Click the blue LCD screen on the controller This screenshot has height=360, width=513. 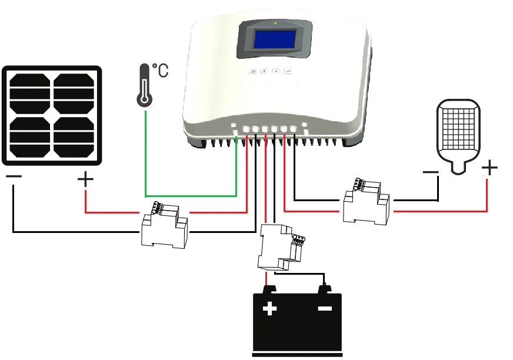[275, 39]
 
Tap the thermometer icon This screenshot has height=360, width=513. [144, 86]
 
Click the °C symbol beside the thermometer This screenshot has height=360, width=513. [160, 71]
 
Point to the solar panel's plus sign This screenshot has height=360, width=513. [86, 178]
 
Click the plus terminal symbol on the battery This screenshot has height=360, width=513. [270, 308]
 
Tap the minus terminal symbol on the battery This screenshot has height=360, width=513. [325, 308]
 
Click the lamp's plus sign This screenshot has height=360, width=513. [489, 169]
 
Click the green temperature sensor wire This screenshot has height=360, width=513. [188, 195]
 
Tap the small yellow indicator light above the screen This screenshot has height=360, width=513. [275, 23]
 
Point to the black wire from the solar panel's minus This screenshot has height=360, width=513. [71, 232]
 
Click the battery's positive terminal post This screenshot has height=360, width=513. [269, 288]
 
